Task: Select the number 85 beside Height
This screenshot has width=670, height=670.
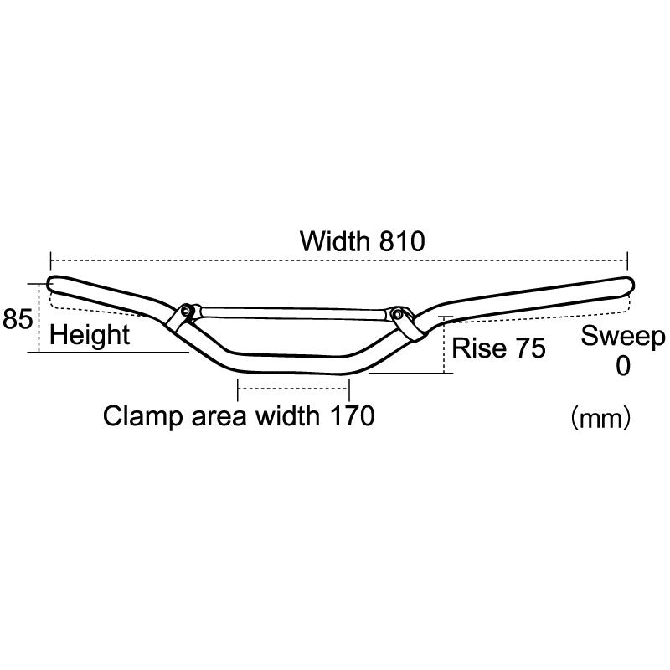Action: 18,319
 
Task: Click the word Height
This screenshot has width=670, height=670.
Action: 90,336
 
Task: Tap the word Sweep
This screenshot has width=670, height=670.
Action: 623,337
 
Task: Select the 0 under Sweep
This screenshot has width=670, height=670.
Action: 622,366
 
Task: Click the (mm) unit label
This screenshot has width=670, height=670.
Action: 600,416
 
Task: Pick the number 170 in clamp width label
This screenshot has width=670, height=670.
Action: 348,415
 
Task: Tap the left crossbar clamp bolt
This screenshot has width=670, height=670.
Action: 186,312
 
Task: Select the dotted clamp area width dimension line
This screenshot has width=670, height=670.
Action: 293,388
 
